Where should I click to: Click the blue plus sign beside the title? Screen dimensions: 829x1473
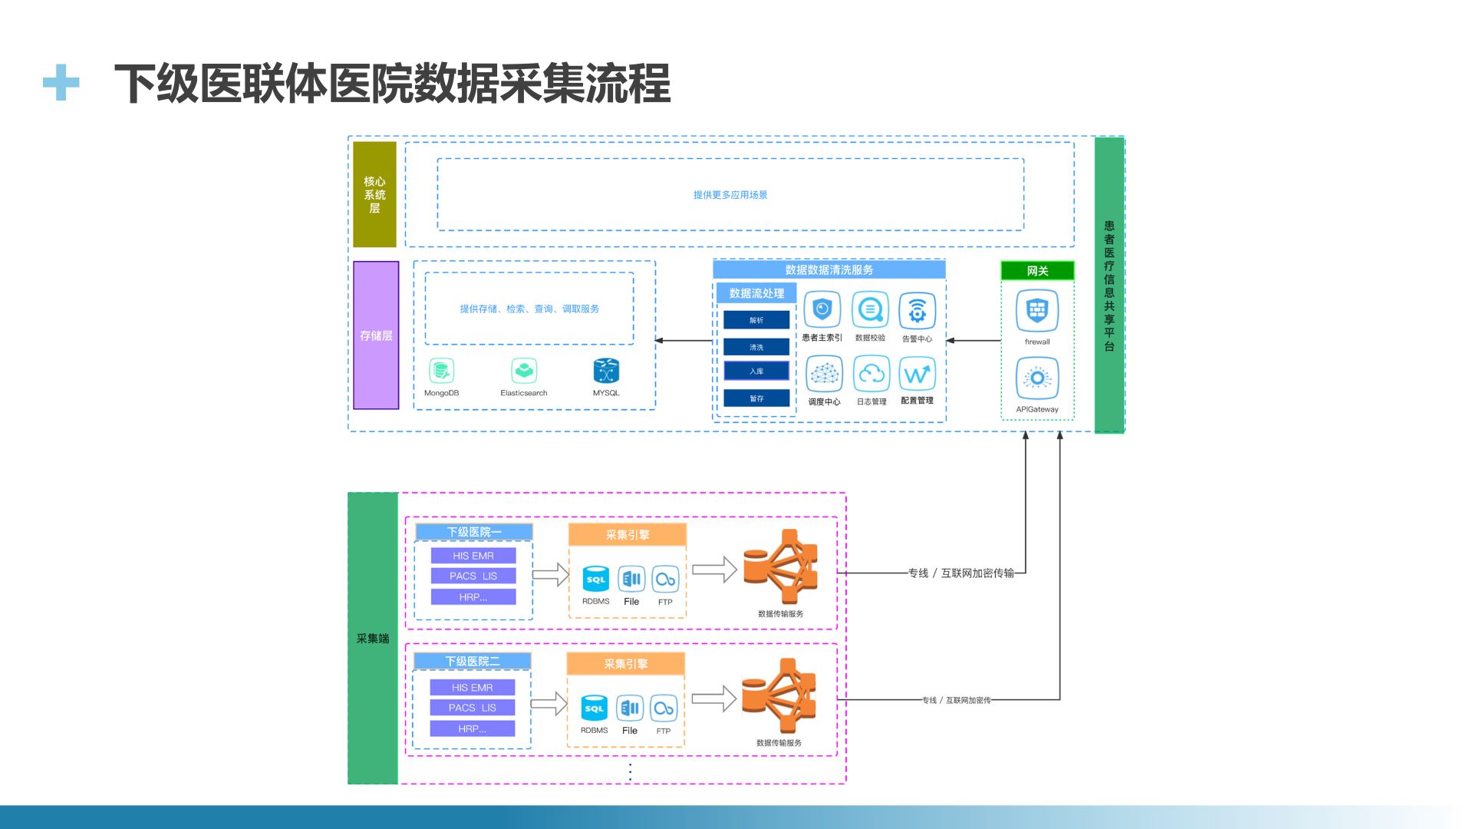pyautogui.click(x=61, y=82)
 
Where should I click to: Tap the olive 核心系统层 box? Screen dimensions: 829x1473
pyautogui.click(x=374, y=194)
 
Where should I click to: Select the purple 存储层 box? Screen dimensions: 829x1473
pyautogui.click(x=376, y=335)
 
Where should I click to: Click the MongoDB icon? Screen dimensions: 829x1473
pyautogui.click(x=441, y=372)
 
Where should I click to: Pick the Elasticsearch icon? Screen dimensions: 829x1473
pyautogui.click(x=524, y=372)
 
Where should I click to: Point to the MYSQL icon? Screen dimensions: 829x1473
pyautogui.click(x=606, y=372)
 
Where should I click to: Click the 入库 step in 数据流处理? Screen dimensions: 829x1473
pyautogui.click(x=756, y=372)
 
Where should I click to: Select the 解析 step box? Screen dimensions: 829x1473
pyautogui.click(x=756, y=320)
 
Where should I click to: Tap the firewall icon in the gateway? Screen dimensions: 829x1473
pyautogui.click(x=1037, y=311)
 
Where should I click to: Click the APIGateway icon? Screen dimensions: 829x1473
pyautogui.click(x=1037, y=378)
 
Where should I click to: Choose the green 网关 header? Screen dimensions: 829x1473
pyautogui.click(x=1037, y=271)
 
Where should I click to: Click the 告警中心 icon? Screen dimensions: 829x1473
pyautogui.click(x=917, y=311)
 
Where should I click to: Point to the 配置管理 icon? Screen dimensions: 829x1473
pyautogui.click(x=918, y=375)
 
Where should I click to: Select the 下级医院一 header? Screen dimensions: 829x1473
pyautogui.click(x=474, y=532)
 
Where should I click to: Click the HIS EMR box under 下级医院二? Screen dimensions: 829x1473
pyautogui.click(x=473, y=688)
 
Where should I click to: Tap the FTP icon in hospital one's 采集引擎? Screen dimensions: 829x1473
pyautogui.click(x=665, y=580)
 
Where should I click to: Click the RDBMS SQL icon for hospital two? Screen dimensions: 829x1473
pyautogui.click(x=595, y=708)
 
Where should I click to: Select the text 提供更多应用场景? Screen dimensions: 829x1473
pyautogui.click(x=730, y=195)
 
